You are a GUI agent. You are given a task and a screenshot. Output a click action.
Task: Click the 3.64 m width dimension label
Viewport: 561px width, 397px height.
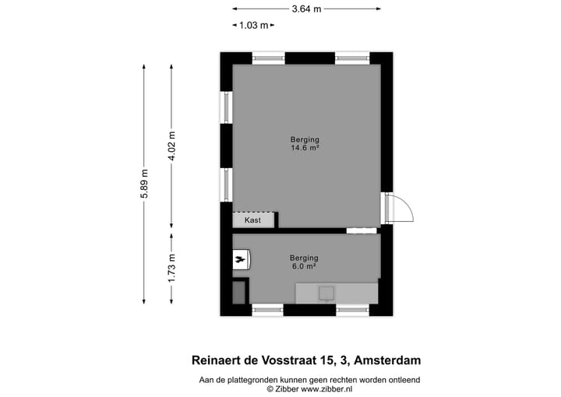pos(306,9)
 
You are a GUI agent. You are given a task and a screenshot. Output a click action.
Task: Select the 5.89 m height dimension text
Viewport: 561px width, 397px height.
pos(144,184)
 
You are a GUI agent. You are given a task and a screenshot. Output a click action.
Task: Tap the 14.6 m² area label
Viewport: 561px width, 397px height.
pos(306,148)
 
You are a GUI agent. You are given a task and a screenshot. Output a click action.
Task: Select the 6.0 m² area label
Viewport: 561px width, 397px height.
pos(304,266)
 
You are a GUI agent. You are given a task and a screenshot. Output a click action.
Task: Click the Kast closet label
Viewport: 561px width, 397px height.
pos(252,220)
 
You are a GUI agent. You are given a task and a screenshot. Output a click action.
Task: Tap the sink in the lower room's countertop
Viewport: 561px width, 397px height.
pos(326,293)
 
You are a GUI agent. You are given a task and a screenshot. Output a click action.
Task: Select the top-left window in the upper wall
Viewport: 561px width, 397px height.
pos(269,58)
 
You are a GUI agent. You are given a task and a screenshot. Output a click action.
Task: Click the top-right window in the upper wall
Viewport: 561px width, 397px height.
pos(352,58)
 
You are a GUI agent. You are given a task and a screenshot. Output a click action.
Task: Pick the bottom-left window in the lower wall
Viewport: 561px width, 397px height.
pos(267,310)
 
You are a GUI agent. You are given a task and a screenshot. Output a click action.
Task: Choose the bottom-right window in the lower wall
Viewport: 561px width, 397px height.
pos(352,310)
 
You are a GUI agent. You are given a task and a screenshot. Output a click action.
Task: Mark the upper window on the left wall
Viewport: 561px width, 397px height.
pos(226,107)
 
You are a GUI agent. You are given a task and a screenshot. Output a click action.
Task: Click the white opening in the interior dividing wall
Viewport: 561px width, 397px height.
pos(361,230)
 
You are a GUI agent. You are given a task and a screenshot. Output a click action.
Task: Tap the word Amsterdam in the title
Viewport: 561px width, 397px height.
pos(386,360)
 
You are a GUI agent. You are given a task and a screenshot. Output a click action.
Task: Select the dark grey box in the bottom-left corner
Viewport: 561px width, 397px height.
pos(239,292)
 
